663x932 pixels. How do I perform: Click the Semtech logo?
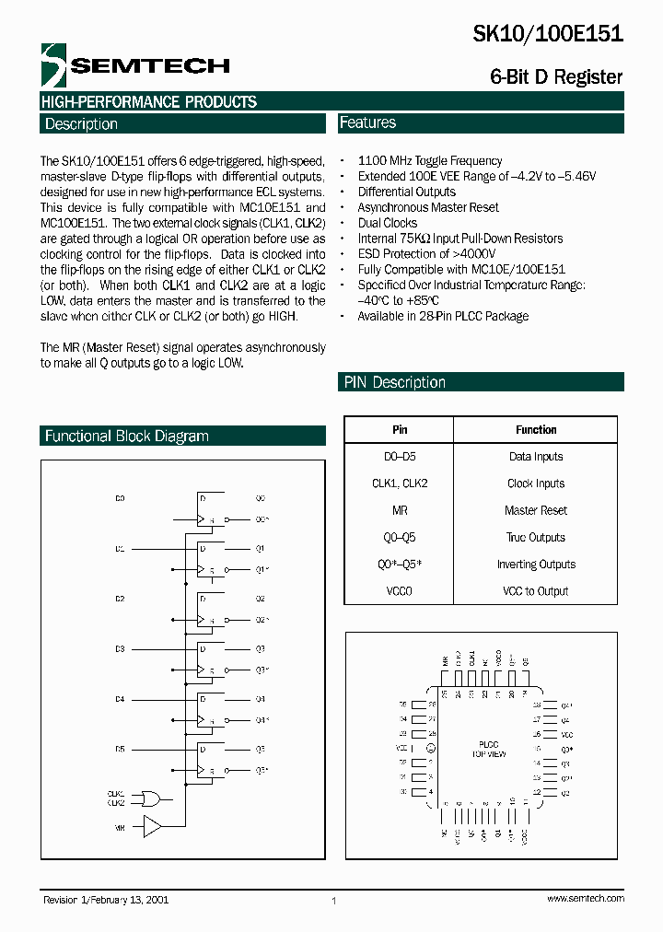point(134,64)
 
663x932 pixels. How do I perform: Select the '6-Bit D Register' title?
point(556,77)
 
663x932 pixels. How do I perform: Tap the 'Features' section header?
point(368,122)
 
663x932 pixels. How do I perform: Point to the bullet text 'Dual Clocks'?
point(387,223)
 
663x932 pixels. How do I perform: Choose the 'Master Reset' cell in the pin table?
point(536,510)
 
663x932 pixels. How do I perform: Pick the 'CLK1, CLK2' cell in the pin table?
point(400,483)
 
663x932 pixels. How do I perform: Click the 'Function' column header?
point(536,430)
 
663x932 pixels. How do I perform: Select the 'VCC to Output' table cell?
point(536,591)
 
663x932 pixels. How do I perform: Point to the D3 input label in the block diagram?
point(120,649)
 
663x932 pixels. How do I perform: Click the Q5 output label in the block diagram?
point(260,750)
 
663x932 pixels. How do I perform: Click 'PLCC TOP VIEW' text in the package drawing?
point(489,749)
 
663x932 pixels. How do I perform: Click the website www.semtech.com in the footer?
point(585,898)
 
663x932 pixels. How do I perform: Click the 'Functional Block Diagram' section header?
point(127,437)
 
